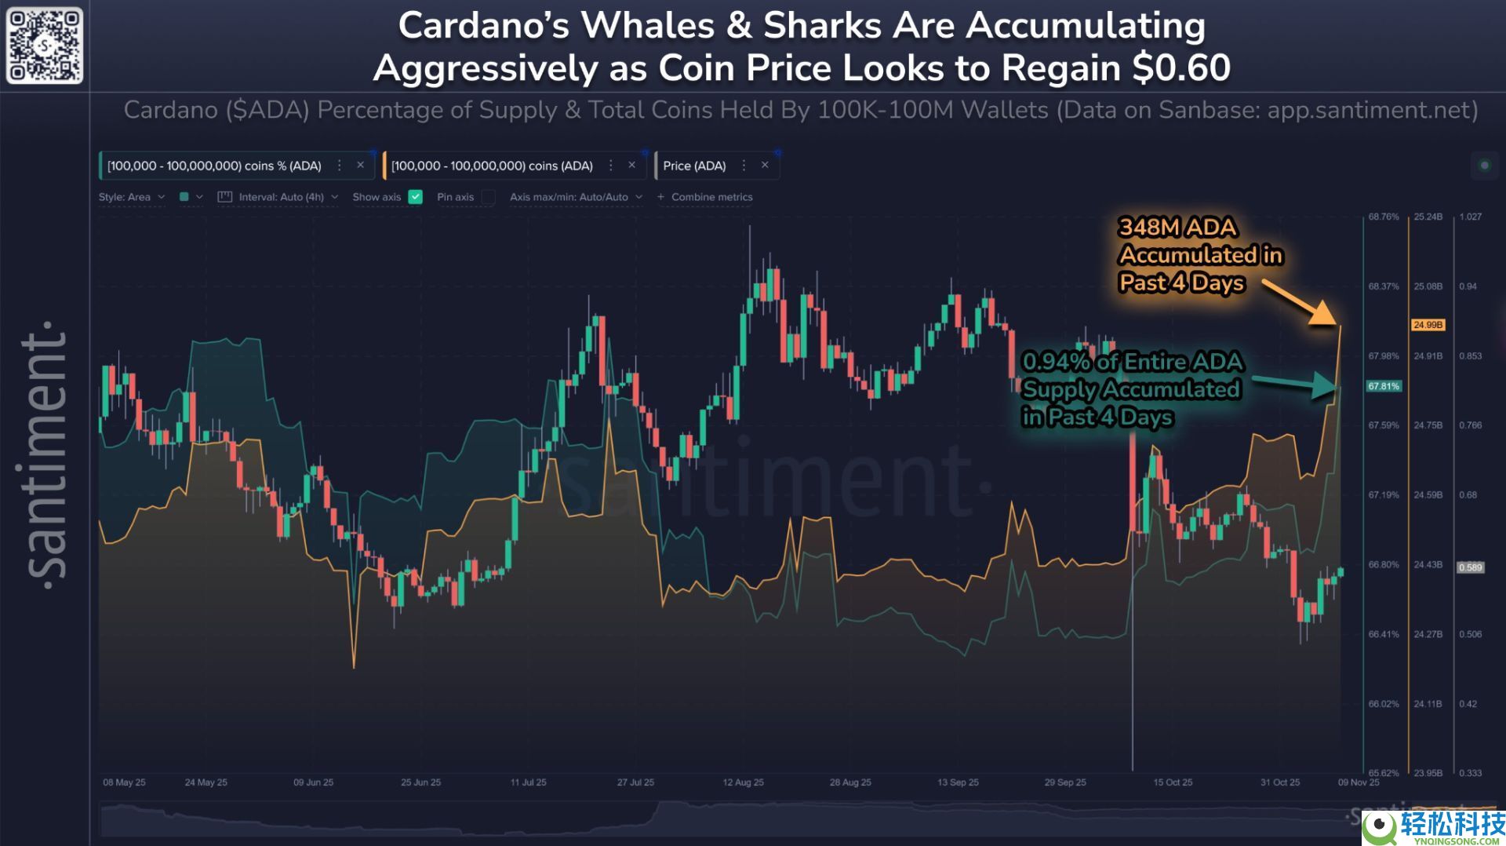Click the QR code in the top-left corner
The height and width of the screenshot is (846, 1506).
(45, 45)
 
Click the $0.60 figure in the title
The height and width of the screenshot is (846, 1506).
(1181, 67)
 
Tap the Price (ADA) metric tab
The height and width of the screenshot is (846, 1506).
(694, 166)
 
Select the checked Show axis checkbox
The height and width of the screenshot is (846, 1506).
(416, 197)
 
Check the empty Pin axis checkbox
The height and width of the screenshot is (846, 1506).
(488, 197)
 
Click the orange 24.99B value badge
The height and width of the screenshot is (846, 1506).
(1428, 325)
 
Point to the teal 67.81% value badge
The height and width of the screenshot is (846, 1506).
(1384, 386)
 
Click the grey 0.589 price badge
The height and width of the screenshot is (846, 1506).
(1470, 567)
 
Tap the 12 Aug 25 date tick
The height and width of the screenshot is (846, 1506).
(743, 782)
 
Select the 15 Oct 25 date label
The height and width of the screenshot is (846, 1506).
(1173, 782)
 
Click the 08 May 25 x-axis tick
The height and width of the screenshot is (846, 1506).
(124, 782)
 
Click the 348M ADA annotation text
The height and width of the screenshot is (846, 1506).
(1177, 228)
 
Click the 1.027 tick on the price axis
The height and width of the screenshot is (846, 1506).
(1470, 217)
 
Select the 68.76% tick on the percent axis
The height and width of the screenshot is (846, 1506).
(1384, 217)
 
